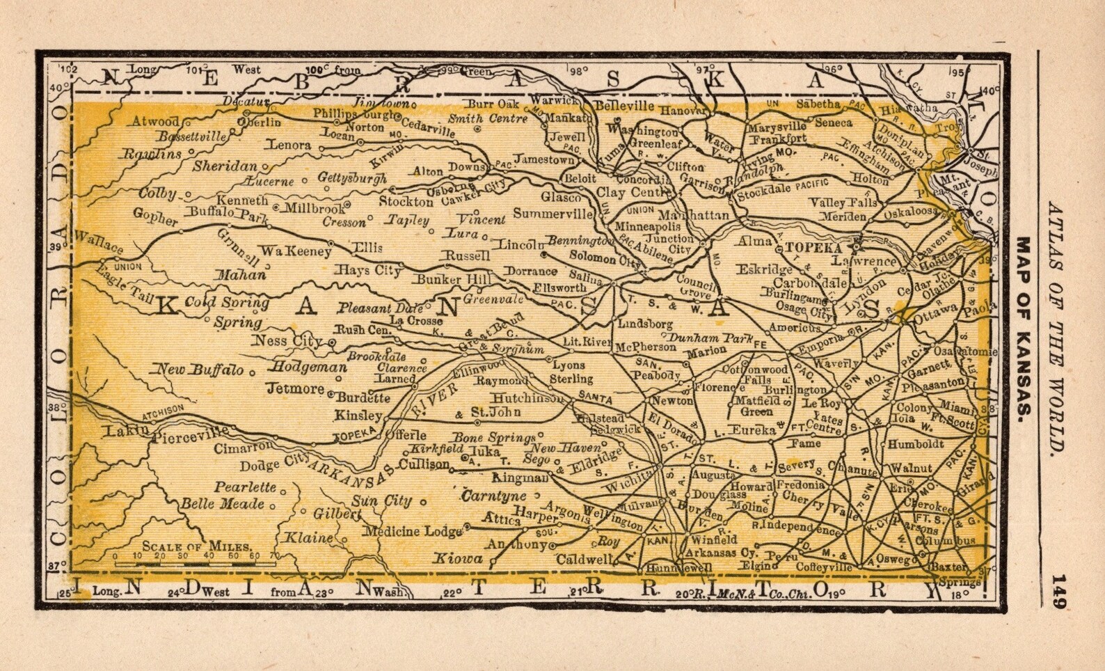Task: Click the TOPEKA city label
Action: [x=813, y=247]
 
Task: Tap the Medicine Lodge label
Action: [x=413, y=532]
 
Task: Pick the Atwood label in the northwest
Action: [x=155, y=121]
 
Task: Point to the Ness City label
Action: [x=287, y=341]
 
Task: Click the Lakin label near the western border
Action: [x=125, y=431]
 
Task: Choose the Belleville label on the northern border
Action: [x=624, y=106]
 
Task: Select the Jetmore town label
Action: [x=295, y=388]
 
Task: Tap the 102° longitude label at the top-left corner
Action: [x=69, y=70]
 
